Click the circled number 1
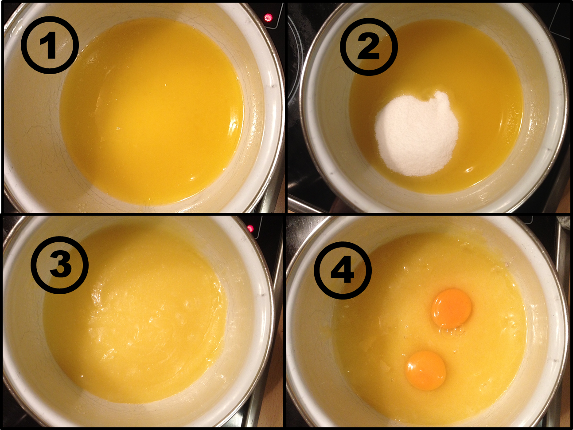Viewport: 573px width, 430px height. click(50, 44)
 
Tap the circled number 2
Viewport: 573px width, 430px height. click(369, 47)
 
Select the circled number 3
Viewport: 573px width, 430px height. click(60, 265)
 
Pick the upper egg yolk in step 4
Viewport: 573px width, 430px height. click(451, 308)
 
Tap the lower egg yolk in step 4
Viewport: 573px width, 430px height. click(425, 371)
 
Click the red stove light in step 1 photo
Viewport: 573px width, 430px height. click(268, 18)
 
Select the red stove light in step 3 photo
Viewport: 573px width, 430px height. click(250, 228)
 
